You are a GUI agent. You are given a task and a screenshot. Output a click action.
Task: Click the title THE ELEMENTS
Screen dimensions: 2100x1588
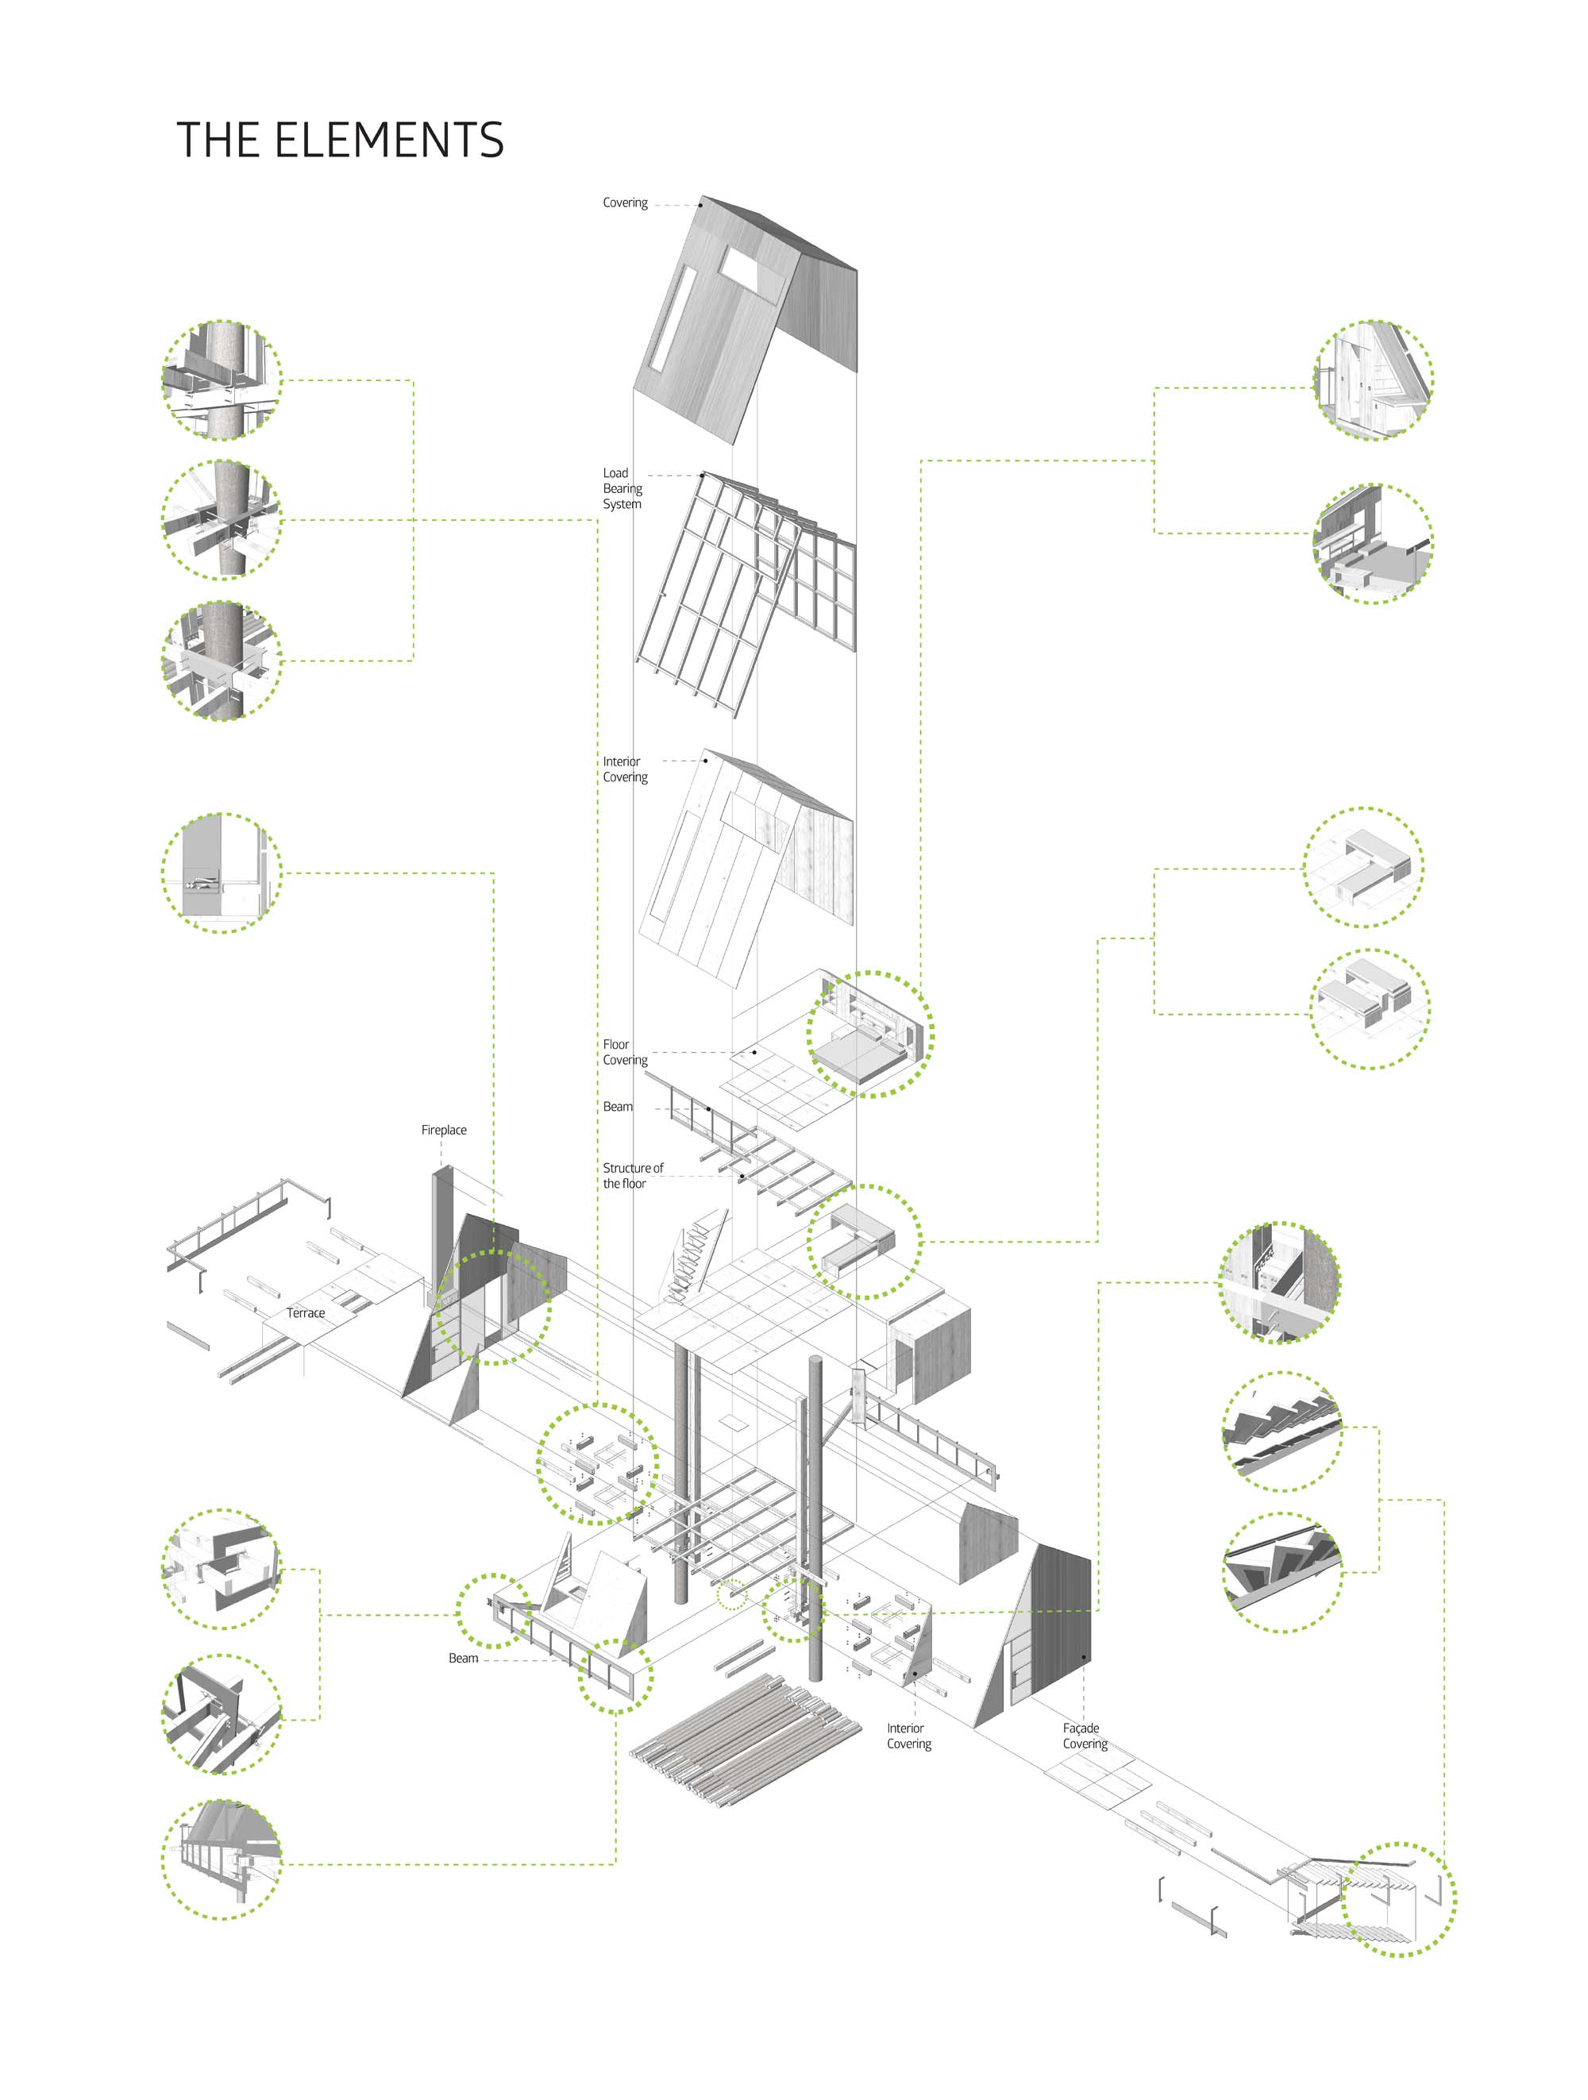point(339,141)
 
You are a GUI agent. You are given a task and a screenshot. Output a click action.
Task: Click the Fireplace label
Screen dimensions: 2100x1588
point(443,1130)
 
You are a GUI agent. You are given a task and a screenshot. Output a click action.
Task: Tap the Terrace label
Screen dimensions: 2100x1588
point(306,1313)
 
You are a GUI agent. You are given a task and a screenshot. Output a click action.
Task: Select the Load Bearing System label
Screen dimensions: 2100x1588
point(622,488)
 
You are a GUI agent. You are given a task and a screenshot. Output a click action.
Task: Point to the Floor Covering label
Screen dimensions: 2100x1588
point(625,1052)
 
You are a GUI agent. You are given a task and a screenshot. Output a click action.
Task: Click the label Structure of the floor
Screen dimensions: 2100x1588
point(632,1175)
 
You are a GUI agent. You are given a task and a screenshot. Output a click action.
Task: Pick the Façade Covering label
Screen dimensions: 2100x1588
point(1084,1736)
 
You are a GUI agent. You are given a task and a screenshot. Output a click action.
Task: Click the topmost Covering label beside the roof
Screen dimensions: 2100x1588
point(625,203)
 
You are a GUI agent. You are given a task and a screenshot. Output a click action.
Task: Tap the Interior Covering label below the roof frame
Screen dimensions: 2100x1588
point(625,769)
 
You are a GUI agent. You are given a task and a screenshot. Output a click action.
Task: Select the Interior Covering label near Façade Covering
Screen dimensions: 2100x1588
point(908,1736)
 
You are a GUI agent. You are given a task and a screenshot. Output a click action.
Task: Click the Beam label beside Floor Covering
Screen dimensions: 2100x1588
point(617,1107)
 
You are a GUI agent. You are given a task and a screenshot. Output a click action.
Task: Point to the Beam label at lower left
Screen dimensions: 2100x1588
point(463,1658)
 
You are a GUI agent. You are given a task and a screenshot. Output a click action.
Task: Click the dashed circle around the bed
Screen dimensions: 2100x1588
point(869,1034)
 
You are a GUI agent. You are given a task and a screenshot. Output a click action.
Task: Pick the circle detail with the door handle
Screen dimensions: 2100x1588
point(222,873)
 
